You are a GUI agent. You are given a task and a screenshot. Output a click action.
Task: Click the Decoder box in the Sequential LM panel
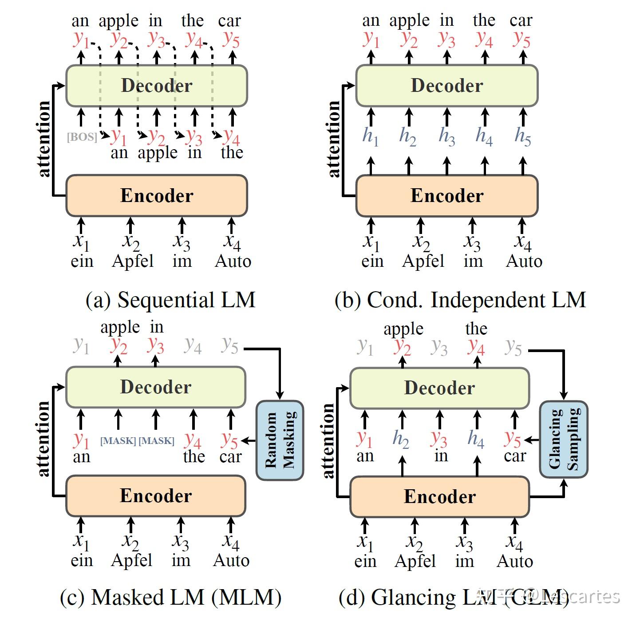coord(156,86)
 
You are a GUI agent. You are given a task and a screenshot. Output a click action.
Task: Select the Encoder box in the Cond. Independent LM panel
coord(446,195)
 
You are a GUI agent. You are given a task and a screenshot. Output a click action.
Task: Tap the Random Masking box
coord(280,440)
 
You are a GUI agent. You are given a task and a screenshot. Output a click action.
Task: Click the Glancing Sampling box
coord(563,439)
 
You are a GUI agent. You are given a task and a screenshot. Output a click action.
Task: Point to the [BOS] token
coord(82,137)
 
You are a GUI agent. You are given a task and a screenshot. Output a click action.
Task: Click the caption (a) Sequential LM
coord(170,300)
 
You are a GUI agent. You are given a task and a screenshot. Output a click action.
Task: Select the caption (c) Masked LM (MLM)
coord(170,597)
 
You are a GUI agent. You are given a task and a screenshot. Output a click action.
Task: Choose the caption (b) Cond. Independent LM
coord(460,300)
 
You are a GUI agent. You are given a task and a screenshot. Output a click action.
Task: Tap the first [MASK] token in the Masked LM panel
coord(118,441)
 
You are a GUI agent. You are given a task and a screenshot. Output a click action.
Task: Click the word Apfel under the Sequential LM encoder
coord(132,261)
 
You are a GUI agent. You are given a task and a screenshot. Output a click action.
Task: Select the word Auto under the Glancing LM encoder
coord(514,561)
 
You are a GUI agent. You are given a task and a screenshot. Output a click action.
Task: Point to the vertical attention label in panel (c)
coord(43,439)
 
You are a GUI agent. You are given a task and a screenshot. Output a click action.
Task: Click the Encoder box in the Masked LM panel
coord(155,496)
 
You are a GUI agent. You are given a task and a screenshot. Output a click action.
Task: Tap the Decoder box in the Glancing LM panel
coord(439,388)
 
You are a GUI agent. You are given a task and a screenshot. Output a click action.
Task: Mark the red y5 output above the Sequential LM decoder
coord(231,39)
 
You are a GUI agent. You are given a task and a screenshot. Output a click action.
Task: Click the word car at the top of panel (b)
coord(521,20)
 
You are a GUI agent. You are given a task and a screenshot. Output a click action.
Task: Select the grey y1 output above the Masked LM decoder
coord(81,345)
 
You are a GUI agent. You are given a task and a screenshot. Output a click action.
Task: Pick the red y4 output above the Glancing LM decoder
coord(476,346)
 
